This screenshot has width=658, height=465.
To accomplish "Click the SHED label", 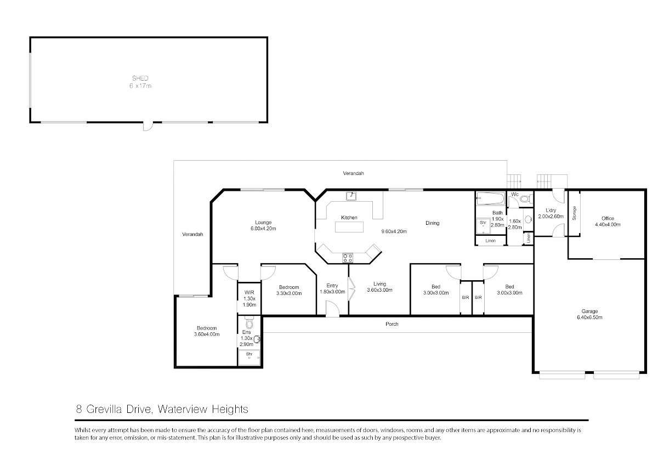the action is pos(140,78).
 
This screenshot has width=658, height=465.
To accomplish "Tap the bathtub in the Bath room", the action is pos(490,199).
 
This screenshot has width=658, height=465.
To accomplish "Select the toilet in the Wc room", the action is pos(527,199).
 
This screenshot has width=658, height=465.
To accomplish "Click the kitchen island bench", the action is pos(349,227).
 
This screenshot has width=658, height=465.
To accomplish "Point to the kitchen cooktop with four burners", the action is pos(348,258).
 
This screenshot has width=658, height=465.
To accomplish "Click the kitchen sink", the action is pos(351,196).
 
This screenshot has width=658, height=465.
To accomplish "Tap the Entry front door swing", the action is pos(332,309).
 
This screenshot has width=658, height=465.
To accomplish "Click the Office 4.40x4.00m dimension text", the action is pos(608,225).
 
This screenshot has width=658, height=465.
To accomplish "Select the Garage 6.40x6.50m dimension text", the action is pos(589,317).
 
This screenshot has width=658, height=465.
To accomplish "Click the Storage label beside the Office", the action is pos(574,213).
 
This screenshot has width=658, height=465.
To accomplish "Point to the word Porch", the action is pos(392,324).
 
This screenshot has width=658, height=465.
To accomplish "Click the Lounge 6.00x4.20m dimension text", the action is pos(263,229).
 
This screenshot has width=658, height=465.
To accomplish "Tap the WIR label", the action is pos(249,293).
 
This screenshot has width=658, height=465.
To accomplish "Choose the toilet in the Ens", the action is pos(249,322).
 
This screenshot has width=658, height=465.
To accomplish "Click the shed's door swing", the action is pos(148,126).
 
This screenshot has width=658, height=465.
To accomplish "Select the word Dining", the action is pos(433,223).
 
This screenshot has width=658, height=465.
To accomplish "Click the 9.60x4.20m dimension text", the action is pos(394,231).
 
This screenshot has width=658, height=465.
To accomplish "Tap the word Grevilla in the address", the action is pos(104,409).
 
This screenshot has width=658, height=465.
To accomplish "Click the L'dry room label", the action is pos(551,211).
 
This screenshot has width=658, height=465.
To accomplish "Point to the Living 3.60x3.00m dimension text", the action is pos(379,290).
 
